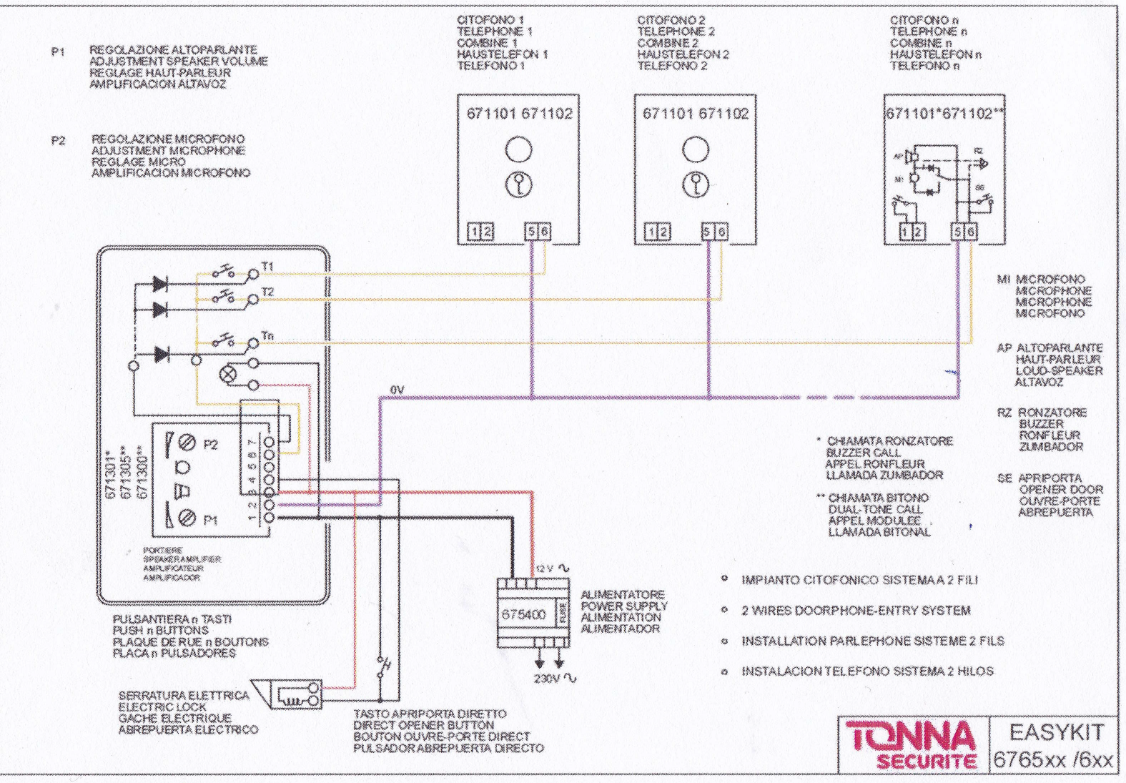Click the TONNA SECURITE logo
coord(911,744)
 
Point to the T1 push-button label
coord(267,267)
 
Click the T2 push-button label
coord(267,292)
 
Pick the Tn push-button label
coord(267,335)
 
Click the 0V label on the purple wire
coord(397,390)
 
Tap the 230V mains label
coord(547,678)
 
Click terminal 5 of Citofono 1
coord(531,232)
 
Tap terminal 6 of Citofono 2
coord(721,232)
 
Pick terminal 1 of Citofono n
coord(904,232)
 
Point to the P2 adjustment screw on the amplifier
coord(187,443)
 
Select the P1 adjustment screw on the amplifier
coord(187,516)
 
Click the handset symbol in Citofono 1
coord(519,184)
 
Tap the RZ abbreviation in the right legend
coord(1004,413)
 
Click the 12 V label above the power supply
coord(545,568)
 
